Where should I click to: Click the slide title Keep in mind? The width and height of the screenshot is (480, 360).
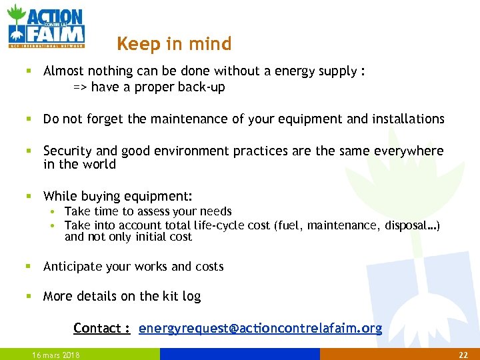tap(174, 44)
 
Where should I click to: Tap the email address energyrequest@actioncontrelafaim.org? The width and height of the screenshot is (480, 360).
tap(260, 328)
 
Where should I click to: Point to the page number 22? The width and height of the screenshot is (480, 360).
tap(464, 355)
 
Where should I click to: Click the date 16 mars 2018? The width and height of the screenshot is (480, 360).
tap(56, 355)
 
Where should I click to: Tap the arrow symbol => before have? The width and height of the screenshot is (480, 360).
tap(80, 87)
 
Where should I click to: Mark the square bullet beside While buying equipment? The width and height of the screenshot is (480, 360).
tap(29, 197)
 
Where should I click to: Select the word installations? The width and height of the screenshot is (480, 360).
tap(408, 119)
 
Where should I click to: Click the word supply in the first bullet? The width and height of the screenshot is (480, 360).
tap(338, 71)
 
